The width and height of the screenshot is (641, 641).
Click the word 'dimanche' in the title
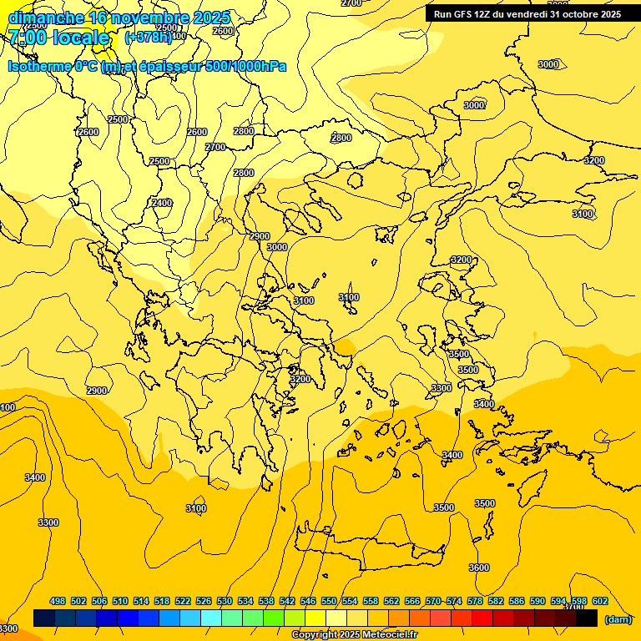45,18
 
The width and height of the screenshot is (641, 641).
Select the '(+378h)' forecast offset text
149,38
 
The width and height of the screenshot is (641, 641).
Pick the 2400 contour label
162,203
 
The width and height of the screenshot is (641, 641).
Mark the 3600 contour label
479,568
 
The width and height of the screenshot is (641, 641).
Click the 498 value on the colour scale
58,601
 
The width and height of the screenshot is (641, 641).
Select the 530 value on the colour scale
225,601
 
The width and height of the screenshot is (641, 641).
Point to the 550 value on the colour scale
329,601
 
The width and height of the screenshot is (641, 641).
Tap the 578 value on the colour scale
475,601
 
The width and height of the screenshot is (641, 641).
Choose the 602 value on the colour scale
600,601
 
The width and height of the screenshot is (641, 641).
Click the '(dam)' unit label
618,619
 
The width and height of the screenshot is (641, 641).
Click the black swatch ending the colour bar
587,618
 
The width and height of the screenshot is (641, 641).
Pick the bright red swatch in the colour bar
482,618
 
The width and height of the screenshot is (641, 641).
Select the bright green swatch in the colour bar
274,618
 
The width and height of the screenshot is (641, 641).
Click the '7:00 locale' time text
58,38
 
